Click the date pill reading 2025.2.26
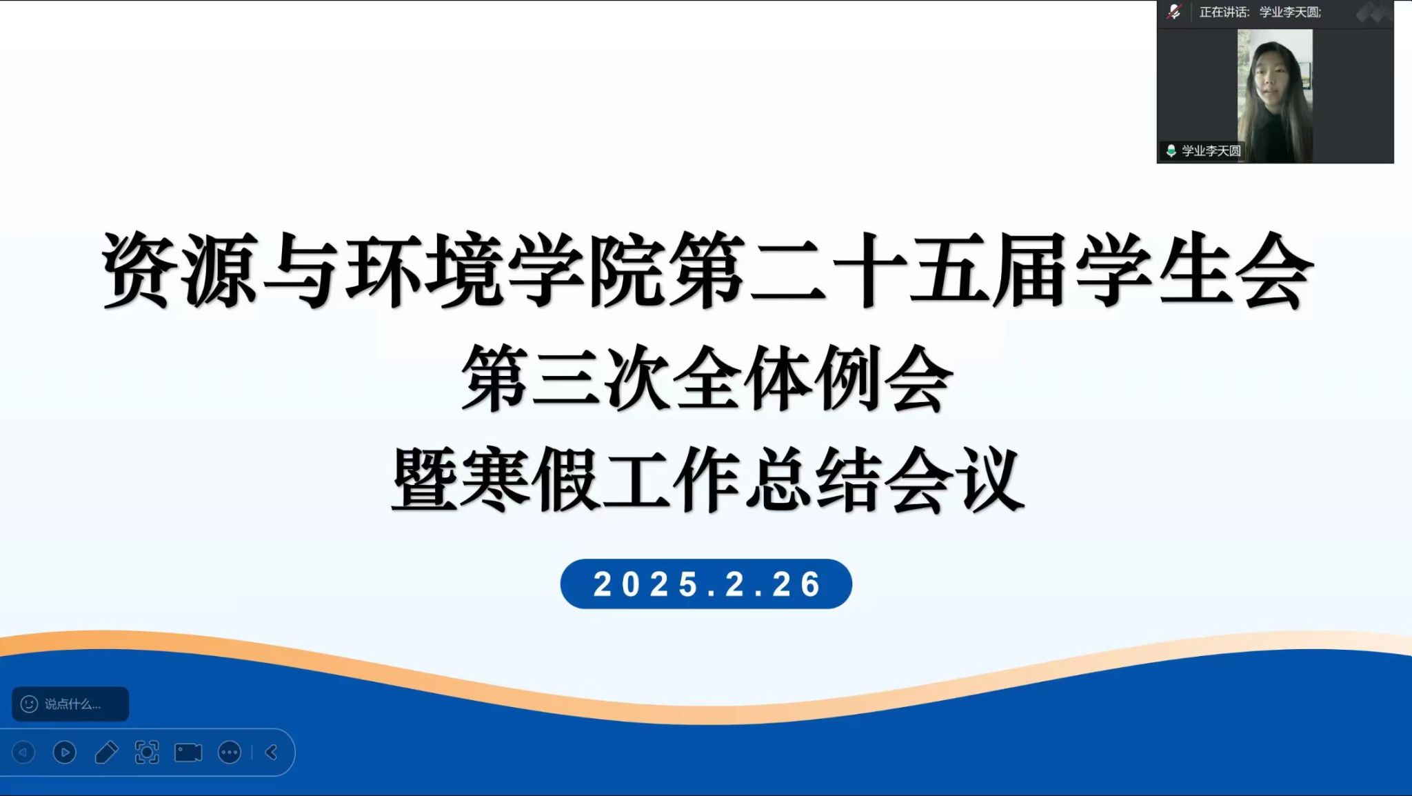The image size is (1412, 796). click(x=706, y=584)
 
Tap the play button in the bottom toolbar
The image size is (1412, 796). click(x=65, y=753)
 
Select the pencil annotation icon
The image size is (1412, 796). click(x=106, y=753)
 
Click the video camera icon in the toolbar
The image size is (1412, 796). click(x=188, y=753)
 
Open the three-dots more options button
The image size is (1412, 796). click(x=230, y=753)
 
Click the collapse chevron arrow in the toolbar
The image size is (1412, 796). click(x=272, y=753)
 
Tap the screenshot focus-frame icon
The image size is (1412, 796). click(x=147, y=753)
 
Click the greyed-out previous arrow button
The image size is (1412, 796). click(x=23, y=753)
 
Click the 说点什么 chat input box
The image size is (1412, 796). click(x=70, y=704)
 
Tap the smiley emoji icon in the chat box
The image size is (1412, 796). click(x=29, y=704)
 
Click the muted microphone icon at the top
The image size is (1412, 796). click(x=1174, y=12)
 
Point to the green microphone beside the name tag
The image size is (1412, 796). click(x=1171, y=150)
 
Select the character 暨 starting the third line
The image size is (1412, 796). click(x=425, y=479)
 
